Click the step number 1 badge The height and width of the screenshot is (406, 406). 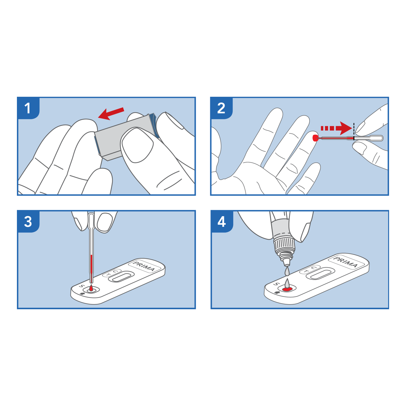[28, 108]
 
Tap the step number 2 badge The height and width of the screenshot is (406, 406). [221, 108]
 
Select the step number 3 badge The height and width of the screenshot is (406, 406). [28, 222]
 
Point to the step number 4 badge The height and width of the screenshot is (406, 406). [222, 222]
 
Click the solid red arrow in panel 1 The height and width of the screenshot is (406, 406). [111, 113]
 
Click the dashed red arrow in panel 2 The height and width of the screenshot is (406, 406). [336, 128]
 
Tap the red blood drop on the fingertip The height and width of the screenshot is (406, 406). [315, 138]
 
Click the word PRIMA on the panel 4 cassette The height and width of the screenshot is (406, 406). [346, 262]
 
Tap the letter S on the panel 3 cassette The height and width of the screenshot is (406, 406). [82, 286]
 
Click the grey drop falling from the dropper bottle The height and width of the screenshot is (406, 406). [287, 271]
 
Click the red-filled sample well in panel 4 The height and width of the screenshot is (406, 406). [287, 289]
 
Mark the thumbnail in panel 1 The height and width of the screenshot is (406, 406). [138, 145]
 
